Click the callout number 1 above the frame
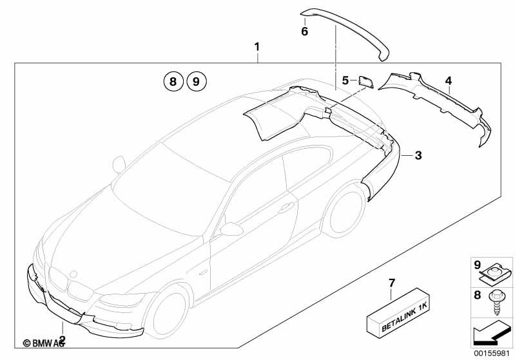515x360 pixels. pos(257,46)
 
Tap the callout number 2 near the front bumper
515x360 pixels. pos(62,339)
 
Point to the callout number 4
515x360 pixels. pos(449,81)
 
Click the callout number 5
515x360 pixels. pos(345,81)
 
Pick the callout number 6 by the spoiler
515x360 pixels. pos(304,30)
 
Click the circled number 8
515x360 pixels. pos(171,82)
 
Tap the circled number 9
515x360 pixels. pos(196,82)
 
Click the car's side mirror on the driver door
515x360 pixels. pos(230,229)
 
